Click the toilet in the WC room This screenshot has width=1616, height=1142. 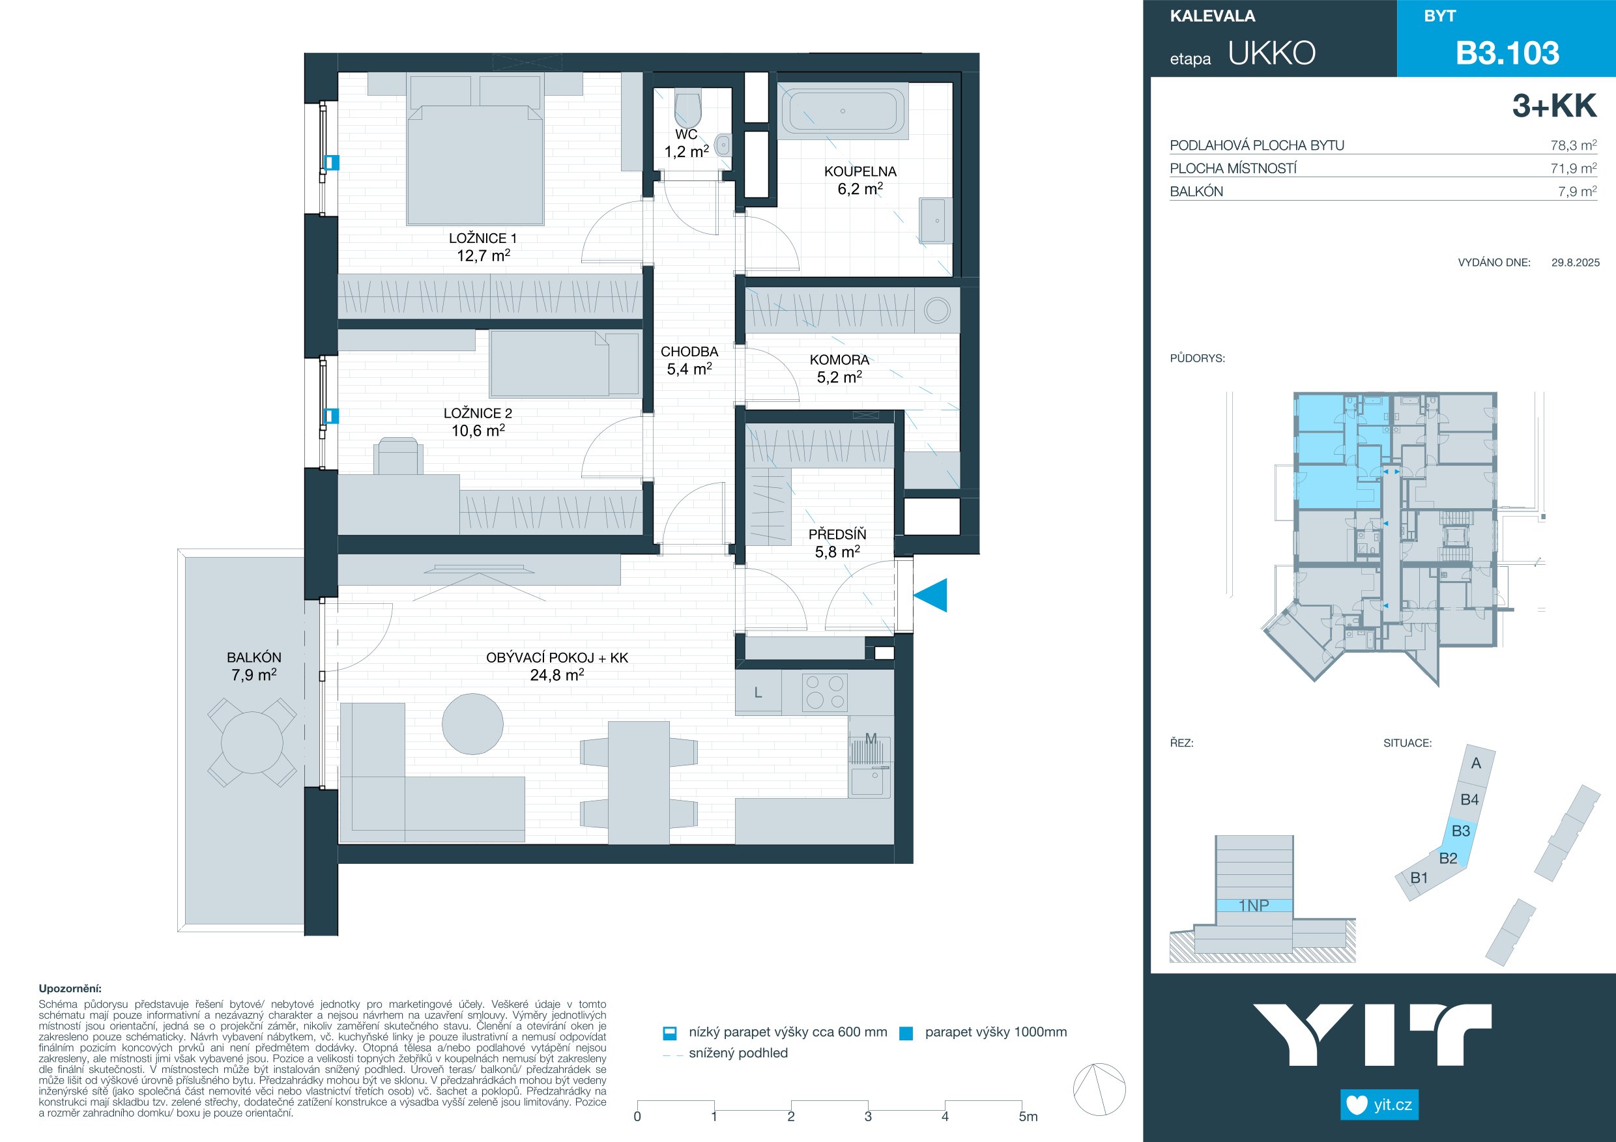687,108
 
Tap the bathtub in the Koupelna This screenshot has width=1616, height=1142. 843,111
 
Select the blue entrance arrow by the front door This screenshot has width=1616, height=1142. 931,595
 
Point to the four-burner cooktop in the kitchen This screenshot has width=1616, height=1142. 825,692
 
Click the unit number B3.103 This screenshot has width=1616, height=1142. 1507,53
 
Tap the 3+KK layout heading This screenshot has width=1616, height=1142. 1554,106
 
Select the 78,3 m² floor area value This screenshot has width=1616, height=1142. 1573,146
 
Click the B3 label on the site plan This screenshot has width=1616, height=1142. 1460,831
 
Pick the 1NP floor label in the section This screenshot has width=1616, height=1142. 1254,906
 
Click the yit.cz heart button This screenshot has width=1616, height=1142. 1379,1105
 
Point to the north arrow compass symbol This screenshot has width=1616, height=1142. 1099,1089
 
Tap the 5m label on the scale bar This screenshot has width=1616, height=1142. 1028,1117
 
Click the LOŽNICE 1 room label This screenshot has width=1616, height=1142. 483,238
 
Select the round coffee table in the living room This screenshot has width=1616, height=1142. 472,724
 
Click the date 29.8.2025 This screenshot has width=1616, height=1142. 1575,263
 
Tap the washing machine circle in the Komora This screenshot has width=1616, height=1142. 937,310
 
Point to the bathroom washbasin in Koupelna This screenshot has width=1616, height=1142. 936,220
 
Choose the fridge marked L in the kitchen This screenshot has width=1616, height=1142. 758,692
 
